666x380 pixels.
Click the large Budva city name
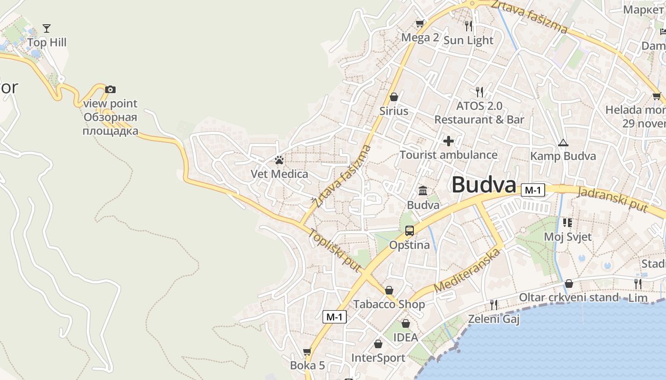(483, 185)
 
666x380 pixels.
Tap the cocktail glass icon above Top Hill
(46, 28)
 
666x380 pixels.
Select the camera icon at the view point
(110, 89)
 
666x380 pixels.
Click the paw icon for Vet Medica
(279, 160)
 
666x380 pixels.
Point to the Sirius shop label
(394, 111)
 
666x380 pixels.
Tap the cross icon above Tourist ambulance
(448, 141)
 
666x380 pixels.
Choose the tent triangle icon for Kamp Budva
(563, 142)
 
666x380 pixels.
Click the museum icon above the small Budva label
(423, 191)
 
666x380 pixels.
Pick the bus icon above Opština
(410, 231)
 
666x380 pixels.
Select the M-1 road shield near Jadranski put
(532, 190)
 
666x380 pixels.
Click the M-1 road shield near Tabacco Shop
(334, 317)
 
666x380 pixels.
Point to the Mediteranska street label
(468, 270)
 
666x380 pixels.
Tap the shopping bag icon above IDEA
(406, 323)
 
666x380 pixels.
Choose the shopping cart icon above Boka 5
(307, 351)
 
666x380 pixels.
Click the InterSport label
(378, 358)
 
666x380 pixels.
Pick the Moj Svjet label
(568, 237)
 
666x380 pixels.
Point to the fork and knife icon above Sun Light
(469, 26)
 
